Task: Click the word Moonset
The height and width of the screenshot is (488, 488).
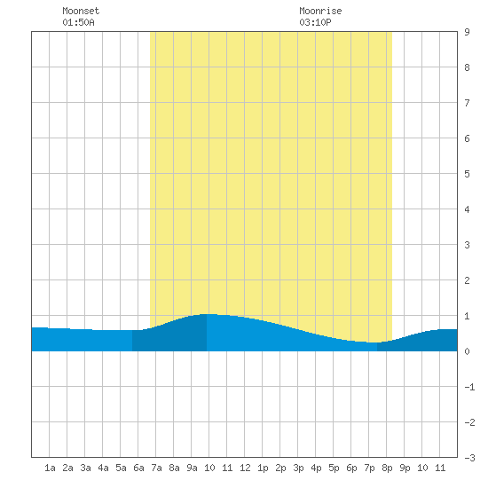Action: (81, 11)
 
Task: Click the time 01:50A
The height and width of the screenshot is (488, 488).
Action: (78, 22)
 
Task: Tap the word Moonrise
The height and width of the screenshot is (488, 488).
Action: (320, 11)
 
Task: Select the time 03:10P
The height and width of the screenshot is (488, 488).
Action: (315, 22)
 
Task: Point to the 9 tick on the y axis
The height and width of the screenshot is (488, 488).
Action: (467, 32)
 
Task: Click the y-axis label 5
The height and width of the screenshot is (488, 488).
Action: (467, 174)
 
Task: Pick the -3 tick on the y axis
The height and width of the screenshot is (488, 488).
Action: (469, 458)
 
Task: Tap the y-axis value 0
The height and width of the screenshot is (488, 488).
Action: (467, 351)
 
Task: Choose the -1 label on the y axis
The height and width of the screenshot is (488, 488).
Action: (469, 387)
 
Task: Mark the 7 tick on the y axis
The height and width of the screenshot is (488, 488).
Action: (467, 103)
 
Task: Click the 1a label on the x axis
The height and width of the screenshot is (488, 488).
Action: (50, 468)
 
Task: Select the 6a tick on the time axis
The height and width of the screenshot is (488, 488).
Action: (138, 468)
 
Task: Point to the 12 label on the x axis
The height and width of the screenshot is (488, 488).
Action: (245, 468)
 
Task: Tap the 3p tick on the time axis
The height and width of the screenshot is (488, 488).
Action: (298, 468)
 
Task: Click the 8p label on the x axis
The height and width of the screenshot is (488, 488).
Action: (387, 468)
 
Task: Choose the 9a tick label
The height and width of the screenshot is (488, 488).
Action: (192, 468)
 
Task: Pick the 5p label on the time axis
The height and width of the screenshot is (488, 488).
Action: (334, 468)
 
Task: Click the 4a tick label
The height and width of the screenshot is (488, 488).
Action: (103, 468)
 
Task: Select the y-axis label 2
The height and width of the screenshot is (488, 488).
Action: (467, 280)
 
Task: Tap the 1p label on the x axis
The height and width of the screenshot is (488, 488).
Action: (263, 468)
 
